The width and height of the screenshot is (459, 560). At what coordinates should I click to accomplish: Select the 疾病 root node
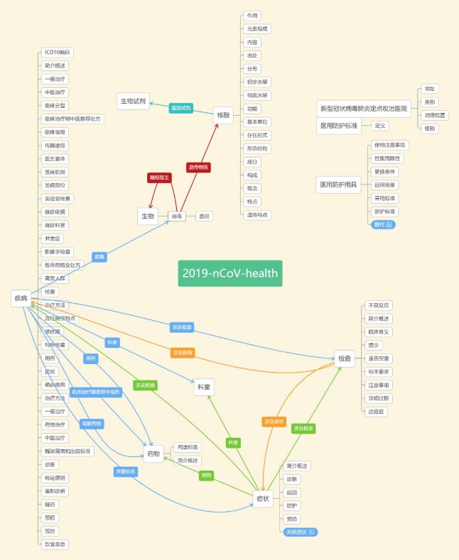[20, 298]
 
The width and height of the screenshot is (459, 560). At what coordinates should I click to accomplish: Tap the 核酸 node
[224, 114]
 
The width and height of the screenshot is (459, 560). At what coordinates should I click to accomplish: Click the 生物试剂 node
[132, 101]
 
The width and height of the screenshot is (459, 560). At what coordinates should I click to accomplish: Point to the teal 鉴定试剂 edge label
[181, 108]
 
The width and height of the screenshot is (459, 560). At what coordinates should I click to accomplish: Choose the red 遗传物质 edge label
[199, 167]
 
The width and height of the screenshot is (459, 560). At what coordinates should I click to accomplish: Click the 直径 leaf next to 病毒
[204, 216]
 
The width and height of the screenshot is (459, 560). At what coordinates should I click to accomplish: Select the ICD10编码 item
[57, 52]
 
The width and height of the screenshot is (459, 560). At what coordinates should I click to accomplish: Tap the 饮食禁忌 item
[56, 544]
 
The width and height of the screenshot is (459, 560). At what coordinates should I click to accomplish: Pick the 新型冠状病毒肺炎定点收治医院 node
[364, 109]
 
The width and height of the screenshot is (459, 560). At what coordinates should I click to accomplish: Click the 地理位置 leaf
[436, 115]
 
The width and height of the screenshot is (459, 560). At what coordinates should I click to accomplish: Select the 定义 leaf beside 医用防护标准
[380, 126]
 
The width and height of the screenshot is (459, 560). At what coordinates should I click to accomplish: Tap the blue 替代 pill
[383, 224]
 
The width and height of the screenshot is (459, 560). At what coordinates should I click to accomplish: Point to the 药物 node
[153, 454]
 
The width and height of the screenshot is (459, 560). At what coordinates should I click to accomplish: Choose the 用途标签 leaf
[188, 447]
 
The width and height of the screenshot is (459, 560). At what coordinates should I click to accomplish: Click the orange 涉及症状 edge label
[273, 422]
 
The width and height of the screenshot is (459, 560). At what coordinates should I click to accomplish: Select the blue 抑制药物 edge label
[92, 424]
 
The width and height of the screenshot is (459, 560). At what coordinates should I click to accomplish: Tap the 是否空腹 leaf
[377, 358]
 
